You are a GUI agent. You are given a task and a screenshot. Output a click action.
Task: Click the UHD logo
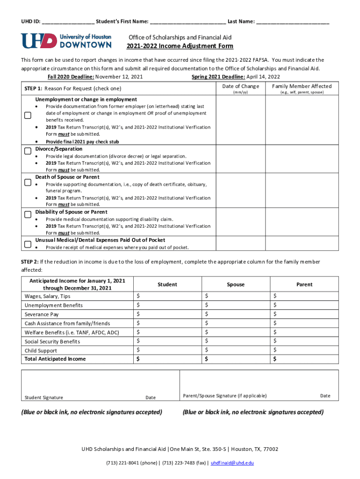click(66, 41)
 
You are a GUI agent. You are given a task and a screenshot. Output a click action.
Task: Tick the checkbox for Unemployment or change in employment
click(28, 115)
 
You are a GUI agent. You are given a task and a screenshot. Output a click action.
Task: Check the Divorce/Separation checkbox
click(28, 150)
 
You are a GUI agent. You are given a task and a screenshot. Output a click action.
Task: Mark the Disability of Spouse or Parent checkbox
click(28, 214)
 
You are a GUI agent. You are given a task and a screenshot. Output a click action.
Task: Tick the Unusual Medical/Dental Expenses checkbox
click(28, 243)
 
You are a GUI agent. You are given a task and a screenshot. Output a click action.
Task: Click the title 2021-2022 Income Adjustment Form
click(180, 46)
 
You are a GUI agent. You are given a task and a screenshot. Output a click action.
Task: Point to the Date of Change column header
click(240, 86)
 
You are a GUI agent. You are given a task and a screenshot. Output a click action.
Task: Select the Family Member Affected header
click(302, 86)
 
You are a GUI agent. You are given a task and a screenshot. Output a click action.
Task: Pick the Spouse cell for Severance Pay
click(236, 314)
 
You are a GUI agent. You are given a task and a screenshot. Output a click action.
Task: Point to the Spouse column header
click(236, 284)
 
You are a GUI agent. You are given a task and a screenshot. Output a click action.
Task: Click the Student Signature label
click(43, 398)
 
